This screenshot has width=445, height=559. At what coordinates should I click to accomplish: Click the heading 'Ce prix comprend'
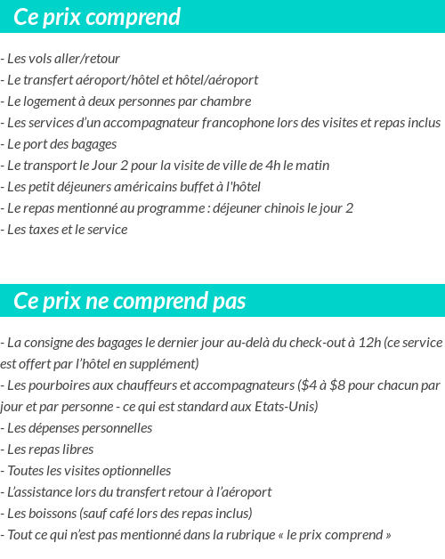97,17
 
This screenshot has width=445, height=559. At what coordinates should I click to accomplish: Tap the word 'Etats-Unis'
287,407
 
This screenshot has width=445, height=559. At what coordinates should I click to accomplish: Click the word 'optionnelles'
135,471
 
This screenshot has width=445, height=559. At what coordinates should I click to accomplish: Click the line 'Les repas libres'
49,450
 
